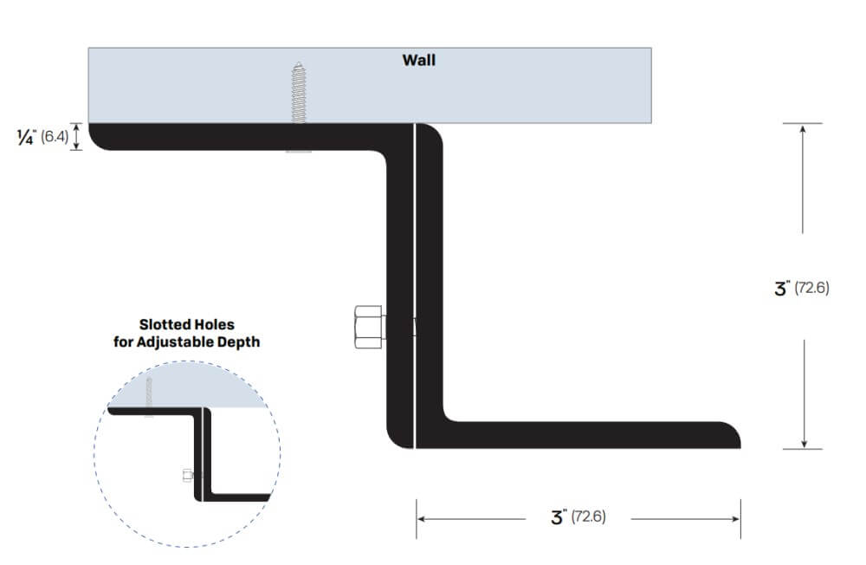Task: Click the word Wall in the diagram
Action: [x=419, y=61]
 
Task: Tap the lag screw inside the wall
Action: [x=298, y=92]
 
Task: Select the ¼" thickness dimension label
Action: [x=26, y=137]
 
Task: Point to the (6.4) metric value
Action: [x=55, y=137]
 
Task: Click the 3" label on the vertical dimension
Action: [x=782, y=289]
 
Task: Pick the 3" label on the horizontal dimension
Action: [x=558, y=518]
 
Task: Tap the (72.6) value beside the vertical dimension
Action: [x=812, y=289]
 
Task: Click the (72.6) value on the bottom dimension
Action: [x=588, y=518]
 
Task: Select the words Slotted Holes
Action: [x=186, y=325]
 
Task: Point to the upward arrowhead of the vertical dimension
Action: [x=805, y=129]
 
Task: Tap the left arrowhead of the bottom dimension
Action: [x=422, y=518]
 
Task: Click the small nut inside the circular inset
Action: [x=187, y=475]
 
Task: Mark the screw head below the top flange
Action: [x=298, y=153]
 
